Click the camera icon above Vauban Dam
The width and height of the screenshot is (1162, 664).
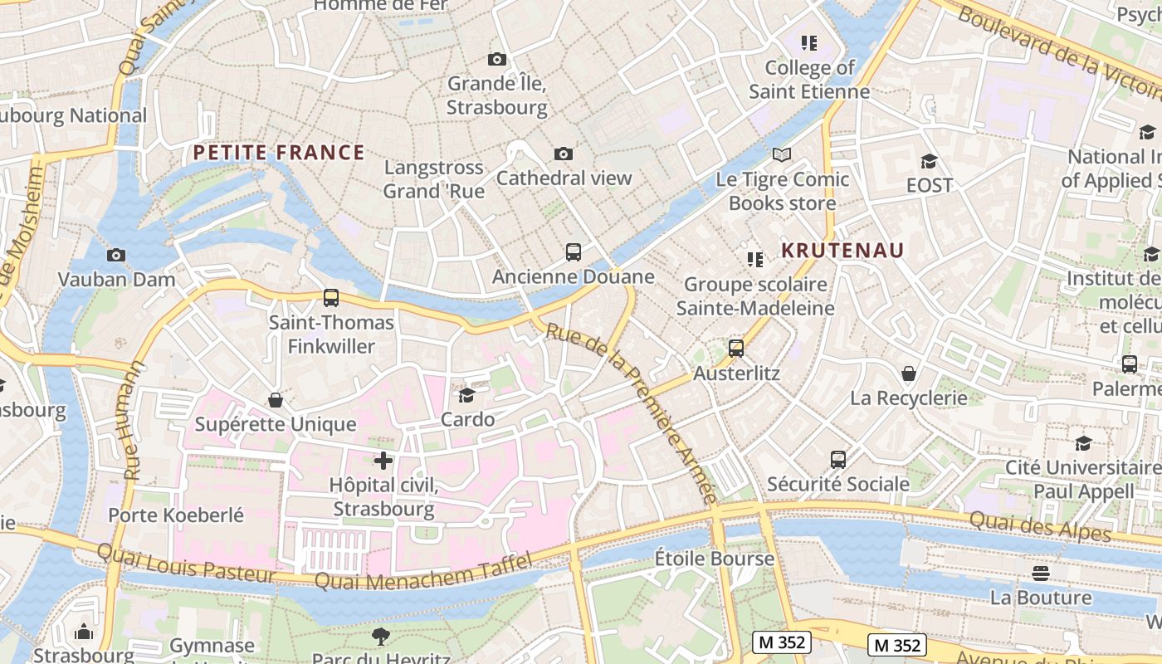click(x=116, y=255)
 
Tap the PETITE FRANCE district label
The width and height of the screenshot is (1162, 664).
click(x=279, y=153)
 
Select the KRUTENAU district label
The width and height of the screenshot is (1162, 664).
click(x=842, y=251)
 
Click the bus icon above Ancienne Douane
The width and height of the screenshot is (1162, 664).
click(x=573, y=252)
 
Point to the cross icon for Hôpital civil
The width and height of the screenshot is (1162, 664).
click(x=383, y=460)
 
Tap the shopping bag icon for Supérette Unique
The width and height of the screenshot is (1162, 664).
click(x=276, y=401)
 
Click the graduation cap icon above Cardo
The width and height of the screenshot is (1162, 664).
click(x=467, y=395)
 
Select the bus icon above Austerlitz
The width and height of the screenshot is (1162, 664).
click(x=736, y=349)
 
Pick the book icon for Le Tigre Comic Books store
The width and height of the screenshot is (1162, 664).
click(x=781, y=154)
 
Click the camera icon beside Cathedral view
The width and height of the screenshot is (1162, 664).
click(x=564, y=154)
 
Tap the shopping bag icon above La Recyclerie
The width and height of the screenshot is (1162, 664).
click(x=909, y=373)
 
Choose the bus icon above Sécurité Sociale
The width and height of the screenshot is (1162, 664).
click(x=838, y=459)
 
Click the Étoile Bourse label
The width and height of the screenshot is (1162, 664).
click(x=714, y=559)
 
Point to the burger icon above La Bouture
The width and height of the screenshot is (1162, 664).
click(x=1041, y=574)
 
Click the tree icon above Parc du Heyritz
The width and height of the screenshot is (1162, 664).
click(x=381, y=637)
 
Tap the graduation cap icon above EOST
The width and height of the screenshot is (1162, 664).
click(x=929, y=161)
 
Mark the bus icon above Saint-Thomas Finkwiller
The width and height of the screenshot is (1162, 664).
click(x=330, y=298)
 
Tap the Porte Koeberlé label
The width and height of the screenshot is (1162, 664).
click(x=176, y=515)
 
